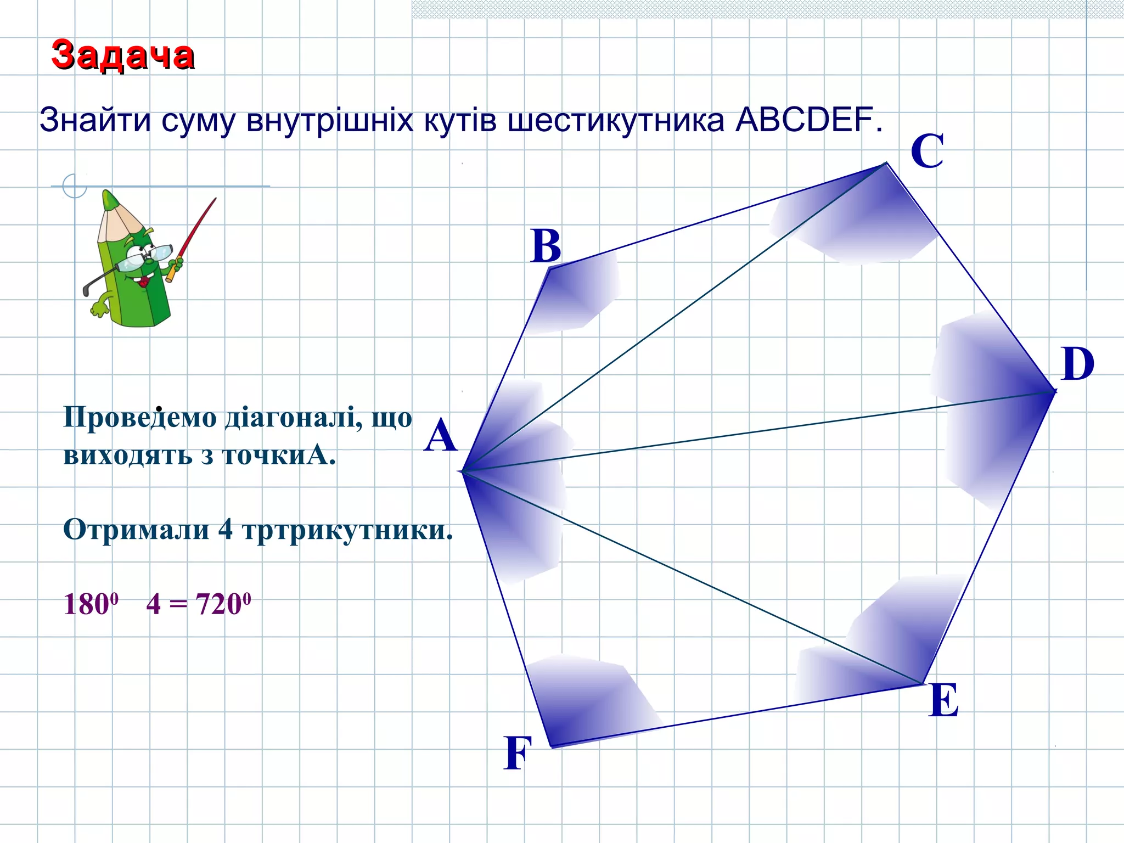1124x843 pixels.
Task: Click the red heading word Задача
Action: (x=122, y=55)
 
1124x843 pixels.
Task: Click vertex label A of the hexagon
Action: (x=440, y=436)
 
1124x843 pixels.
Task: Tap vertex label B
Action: (x=546, y=246)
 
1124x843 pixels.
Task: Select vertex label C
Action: (x=927, y=151)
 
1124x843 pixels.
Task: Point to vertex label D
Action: (x=1077, y=364)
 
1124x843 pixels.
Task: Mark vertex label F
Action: (x=518, y=753)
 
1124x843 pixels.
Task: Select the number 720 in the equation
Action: (x=219, y=604)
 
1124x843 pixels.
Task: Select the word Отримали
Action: (x=136, y=530)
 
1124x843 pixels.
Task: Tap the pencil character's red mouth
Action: (x=144, y=282)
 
